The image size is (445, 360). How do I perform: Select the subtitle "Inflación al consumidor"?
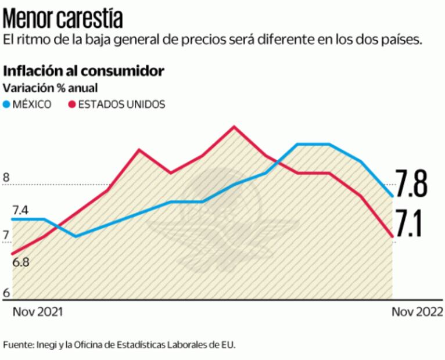pyautogui.click(x=84, y=71)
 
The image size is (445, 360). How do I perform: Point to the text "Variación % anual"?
pyautogui.click(x=51, y=88)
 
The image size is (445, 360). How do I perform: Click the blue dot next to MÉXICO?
pyautogui.click(x=7, y=105)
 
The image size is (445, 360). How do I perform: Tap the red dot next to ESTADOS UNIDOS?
pyautogui.click(x=72, y=105)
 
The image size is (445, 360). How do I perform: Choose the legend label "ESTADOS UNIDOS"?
pyautogui.click(x=121, y=105)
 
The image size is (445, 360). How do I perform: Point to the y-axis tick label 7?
pyautogui.click(x=6, y=236)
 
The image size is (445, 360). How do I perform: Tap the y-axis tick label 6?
pyautogui.click(x=6, y=293)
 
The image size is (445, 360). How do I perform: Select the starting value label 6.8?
pyautogui.click(x=21, y=262)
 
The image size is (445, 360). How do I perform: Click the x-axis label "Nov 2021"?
pyautogui.click(x=38, y=312)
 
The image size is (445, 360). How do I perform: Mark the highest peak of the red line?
pyautogui.click(x=234, y=126)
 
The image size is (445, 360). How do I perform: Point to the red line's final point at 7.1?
pyautogui.click(x=392, y=236)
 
